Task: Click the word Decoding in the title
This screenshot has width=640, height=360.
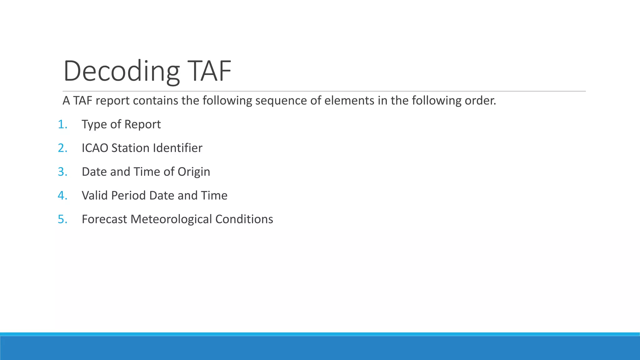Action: coord(122,71)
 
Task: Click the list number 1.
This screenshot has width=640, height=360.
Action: coord(62,124)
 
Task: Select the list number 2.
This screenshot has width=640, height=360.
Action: coord(62,148)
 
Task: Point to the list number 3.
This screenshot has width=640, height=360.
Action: coord(62,172)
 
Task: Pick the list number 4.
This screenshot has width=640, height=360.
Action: coord(62,196)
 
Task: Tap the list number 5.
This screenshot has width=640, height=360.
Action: coord(62,219)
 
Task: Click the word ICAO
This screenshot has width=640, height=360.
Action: coord(95,148)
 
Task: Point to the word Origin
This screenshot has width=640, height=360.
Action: coord(194,172)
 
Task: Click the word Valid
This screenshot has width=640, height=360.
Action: coord(95,196)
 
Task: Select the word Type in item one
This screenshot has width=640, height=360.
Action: coord(92,124)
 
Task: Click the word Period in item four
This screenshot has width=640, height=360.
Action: coord(128,196)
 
